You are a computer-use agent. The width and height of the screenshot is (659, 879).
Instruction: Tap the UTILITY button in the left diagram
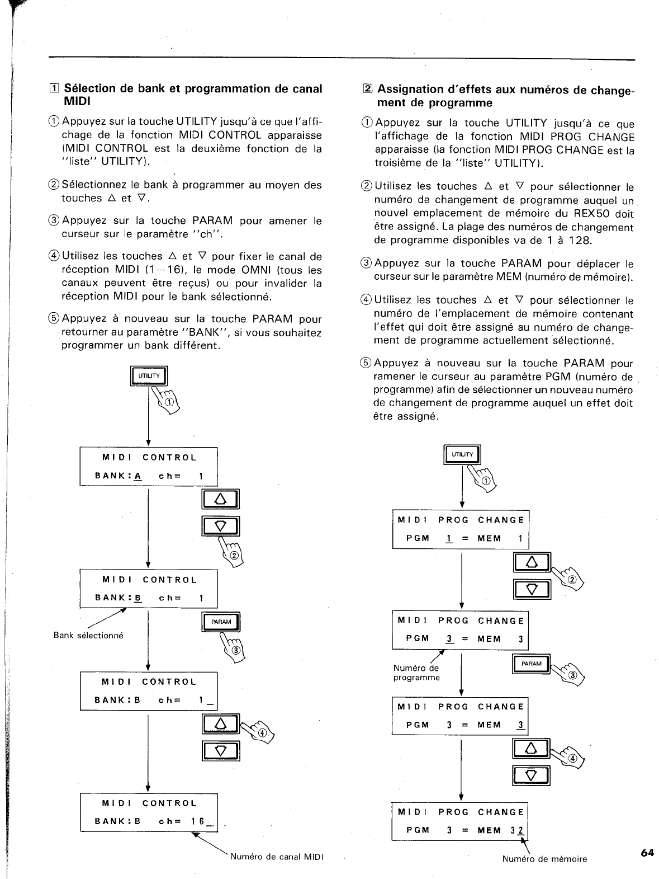click(x=149, y=376)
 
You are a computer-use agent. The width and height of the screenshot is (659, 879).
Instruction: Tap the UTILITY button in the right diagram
click(x=462, y=455)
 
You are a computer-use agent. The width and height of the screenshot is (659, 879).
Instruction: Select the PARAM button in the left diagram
click(x=221, y=622)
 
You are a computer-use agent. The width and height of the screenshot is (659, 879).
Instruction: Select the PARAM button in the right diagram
click(x=531, y=664)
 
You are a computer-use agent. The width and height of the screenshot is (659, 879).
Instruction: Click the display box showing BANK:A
click(x=148, y=467)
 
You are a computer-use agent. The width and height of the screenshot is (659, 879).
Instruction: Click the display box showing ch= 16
click(x=148, y=812)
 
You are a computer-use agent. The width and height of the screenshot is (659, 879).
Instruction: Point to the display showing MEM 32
click(x=460, y=821)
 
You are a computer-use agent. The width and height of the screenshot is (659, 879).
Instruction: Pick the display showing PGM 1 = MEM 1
click(x=461, y=529)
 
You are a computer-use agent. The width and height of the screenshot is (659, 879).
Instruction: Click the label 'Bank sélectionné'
click(x=88, y=636)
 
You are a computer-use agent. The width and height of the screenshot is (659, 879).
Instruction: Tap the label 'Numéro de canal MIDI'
click(x=277, y=857)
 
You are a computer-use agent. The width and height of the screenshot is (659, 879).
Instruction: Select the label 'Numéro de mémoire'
click(x=544, y=859)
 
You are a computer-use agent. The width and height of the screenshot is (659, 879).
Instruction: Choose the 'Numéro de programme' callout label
click(x=416, y=673)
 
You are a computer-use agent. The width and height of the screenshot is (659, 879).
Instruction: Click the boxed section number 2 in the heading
click(x=367, y=89)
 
